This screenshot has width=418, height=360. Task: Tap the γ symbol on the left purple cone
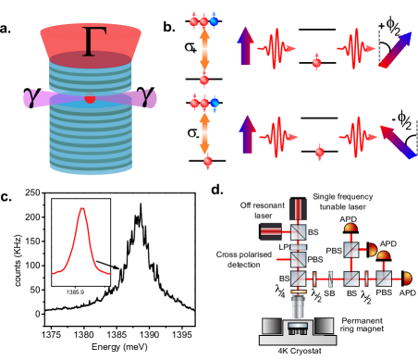pyautogui.click(x=33, y=97)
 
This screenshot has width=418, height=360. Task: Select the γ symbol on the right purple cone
pyautogui.click(x=148, y=96)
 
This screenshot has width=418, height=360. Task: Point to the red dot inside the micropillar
pyautogui.click(x=90, y=98)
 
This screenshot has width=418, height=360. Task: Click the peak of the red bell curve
pyautogui.click(x=82, y=210)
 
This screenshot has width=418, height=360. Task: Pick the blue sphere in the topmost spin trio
pyautogui.click(x=215, y=20)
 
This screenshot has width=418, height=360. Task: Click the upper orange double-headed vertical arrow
pyautogui.click(x=204, y=51)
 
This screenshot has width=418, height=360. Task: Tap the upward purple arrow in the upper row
pyautogui.click(x=245, y=46)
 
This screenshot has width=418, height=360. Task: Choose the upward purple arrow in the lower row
pyautogui.click(x=246, y=134)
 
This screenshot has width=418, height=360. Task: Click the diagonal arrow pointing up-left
pyautogui.click(x=397, y=142)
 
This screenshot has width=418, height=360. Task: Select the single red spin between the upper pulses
pyautogui.click(x=317, y=63)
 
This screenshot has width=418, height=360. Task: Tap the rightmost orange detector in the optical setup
pyautogui.click(x=407, y=278)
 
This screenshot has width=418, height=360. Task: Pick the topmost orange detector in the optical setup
pyautogui.click(x=350, y=228)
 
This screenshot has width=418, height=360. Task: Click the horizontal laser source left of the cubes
pyautogui.click(x=271, y=231)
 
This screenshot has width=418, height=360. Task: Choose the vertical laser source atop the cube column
pyautogui.click(x=298, y=209)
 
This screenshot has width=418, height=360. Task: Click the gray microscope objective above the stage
pyautogui.click(x=298, y=306)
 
